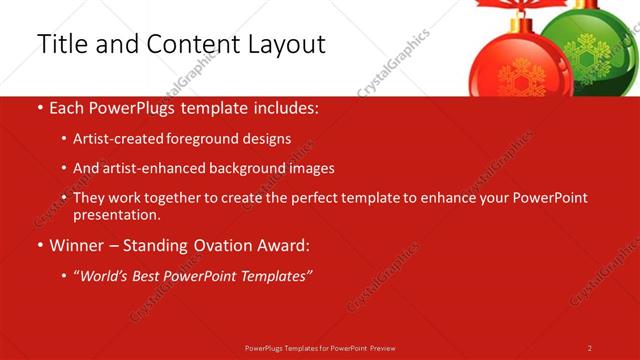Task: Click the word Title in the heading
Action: click(62, 45)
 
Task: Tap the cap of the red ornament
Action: click(518, 25)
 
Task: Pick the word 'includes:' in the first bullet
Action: click(286, 108)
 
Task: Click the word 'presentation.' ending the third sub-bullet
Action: click(116, 214)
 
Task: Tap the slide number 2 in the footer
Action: click(590, 347)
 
